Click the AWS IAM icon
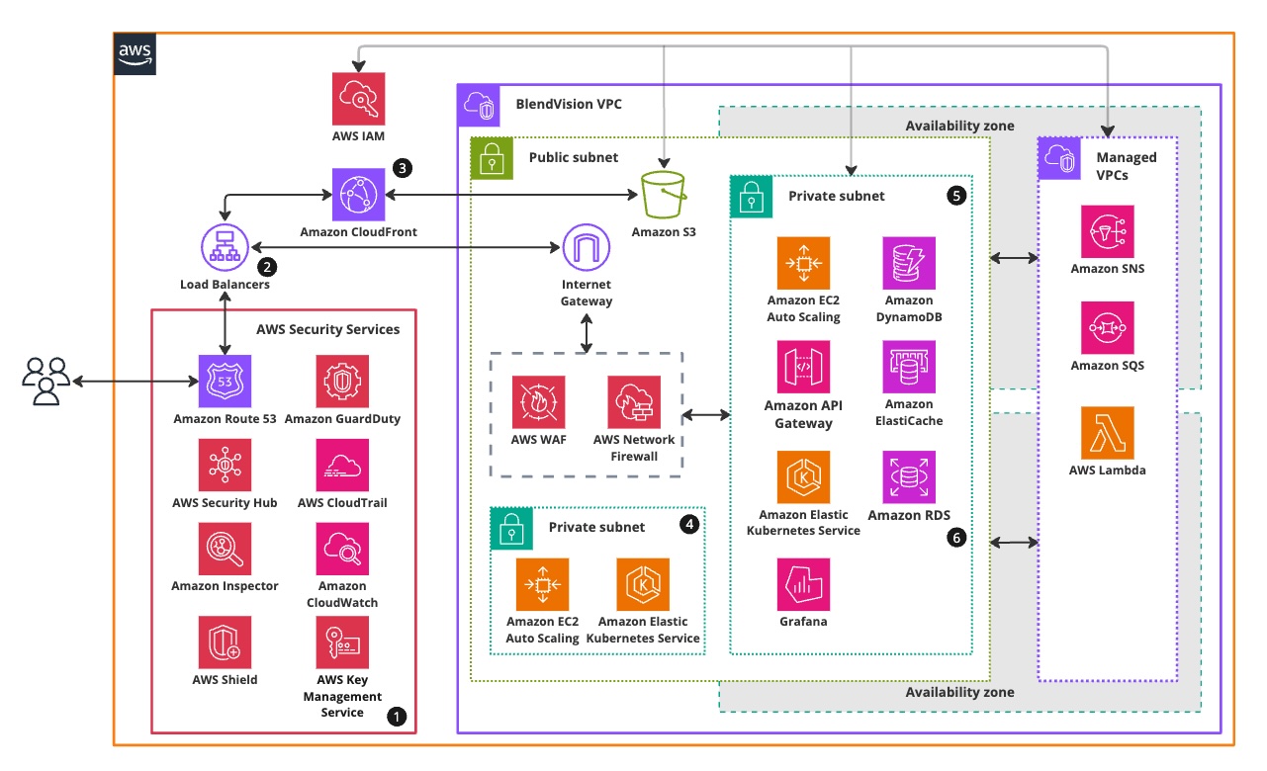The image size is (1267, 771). click(358, 98)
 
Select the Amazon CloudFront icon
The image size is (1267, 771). click(358, 194)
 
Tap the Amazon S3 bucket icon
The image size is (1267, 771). click(664, 194)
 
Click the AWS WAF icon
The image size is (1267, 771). click(538, 401)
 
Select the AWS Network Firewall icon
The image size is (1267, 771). click(634, 401)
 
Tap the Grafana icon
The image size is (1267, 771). click(803, 584)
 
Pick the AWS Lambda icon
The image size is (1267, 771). click(1107, 433)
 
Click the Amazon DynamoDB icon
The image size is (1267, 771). click(908, 263)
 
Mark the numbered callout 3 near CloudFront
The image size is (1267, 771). click(402, 167)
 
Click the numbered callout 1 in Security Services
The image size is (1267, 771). click(397, 717)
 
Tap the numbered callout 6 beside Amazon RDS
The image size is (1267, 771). click(955, 538)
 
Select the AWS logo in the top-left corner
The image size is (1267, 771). click(136, 52)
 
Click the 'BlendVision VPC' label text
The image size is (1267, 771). click(569, 104)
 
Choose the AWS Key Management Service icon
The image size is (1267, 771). click(342, 642)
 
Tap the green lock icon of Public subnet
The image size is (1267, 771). click(492, 158)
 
